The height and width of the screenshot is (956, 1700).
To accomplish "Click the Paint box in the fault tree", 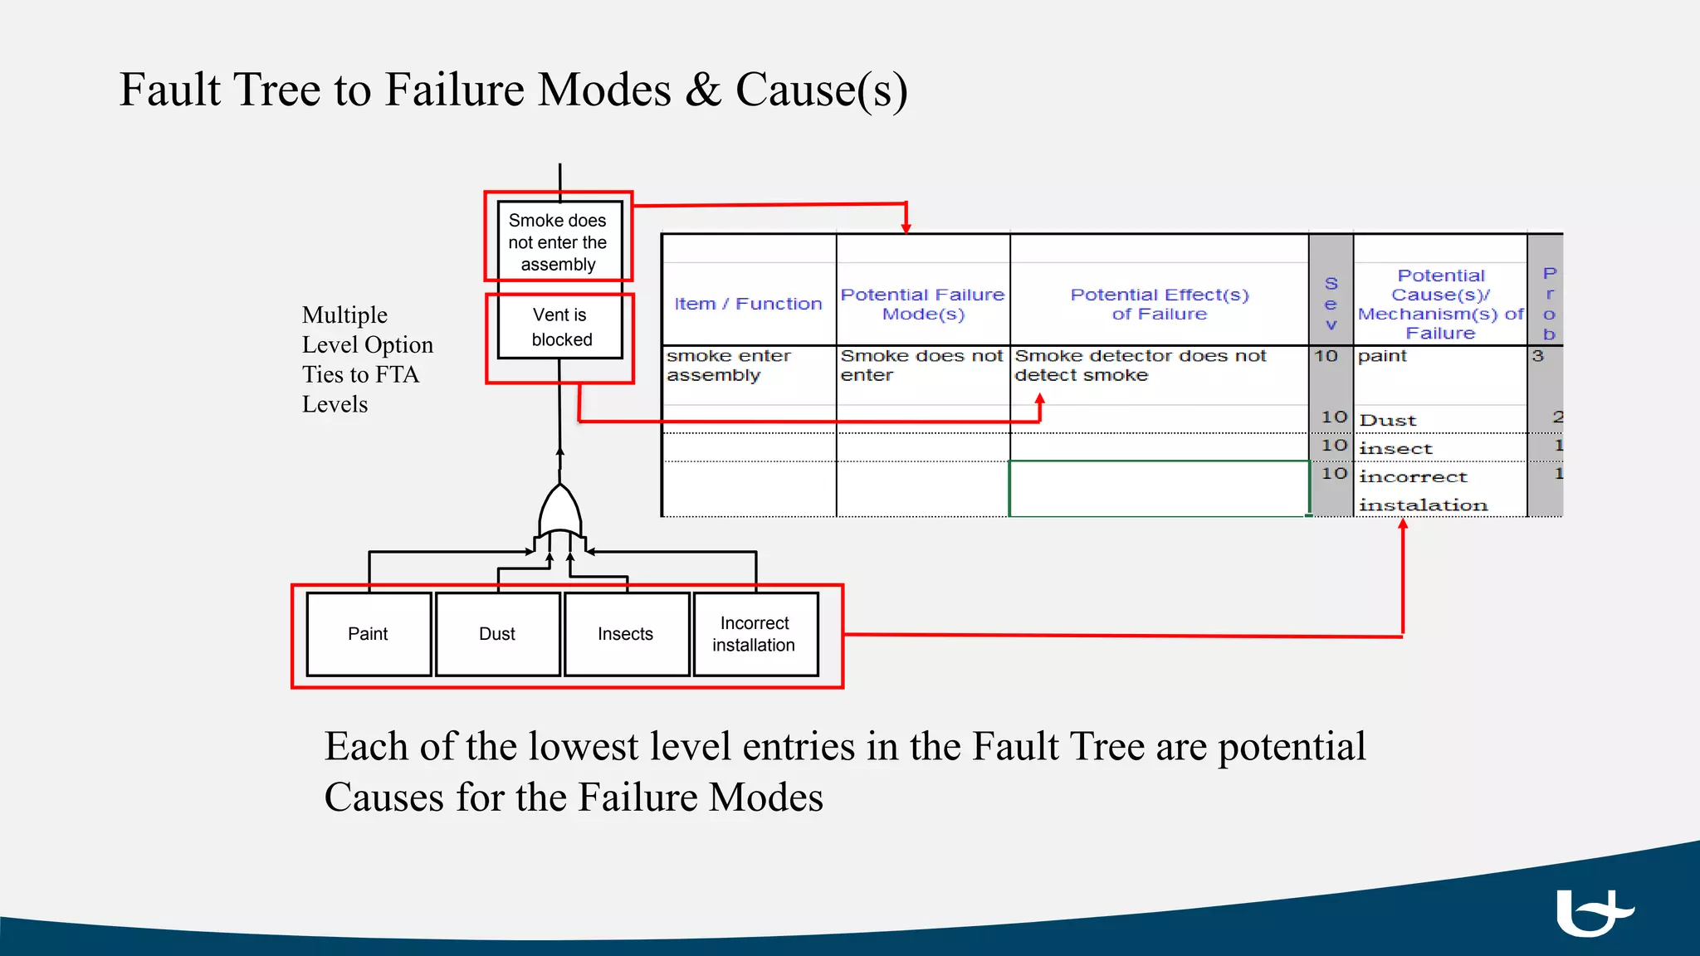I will [369, 634].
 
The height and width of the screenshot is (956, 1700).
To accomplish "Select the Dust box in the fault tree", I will [497, 634].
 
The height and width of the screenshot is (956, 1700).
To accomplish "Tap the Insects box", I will [626, 634].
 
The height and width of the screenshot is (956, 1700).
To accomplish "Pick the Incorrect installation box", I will [755, 634].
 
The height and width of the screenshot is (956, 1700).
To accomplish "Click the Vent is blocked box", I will [560, 327].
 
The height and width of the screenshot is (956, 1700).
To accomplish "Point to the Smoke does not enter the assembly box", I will [559, 241].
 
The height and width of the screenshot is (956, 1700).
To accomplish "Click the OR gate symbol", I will [560, 512].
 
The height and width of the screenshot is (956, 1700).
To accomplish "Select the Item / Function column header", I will [748, 304].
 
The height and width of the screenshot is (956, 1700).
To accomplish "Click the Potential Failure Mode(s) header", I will [922, 304].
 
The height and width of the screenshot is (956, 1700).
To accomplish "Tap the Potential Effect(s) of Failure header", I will [1159, 304].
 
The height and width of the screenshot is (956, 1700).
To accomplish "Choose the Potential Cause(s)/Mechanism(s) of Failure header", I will [1440, 304].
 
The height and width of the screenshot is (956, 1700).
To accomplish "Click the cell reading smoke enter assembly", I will [728, 365].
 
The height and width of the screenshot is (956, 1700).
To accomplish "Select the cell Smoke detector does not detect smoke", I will [1140, 365].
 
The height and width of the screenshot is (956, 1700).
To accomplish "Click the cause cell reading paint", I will [1383, 356].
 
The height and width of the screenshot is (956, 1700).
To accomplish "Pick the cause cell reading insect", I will [1396, 449].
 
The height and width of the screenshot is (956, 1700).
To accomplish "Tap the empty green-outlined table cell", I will [1158, 489].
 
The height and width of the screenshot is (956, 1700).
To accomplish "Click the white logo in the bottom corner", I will [1591, 912].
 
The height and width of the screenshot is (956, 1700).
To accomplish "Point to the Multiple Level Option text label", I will [367, 359].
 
